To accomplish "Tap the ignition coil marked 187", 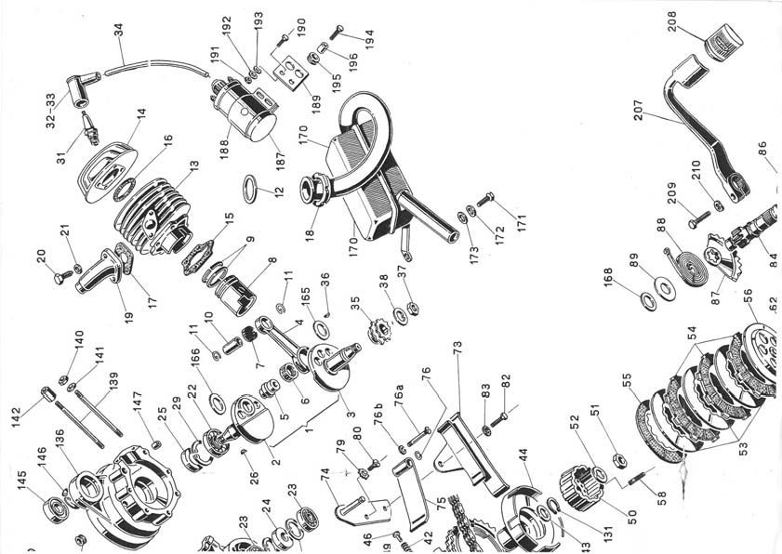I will pyautogui.click(x=252, y=107).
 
